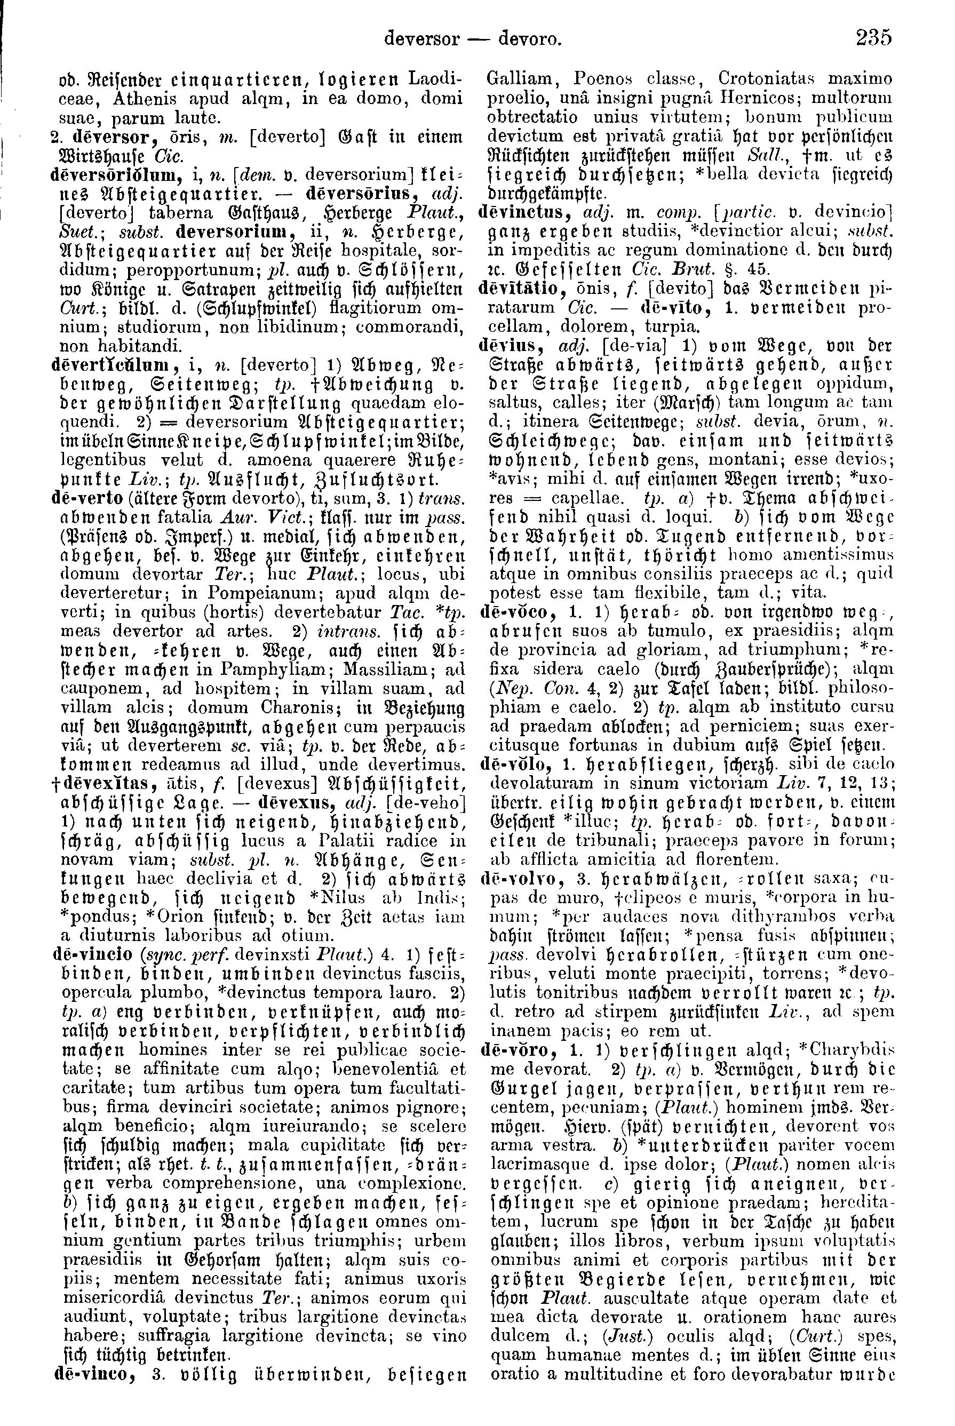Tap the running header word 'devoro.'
point(529,39)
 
